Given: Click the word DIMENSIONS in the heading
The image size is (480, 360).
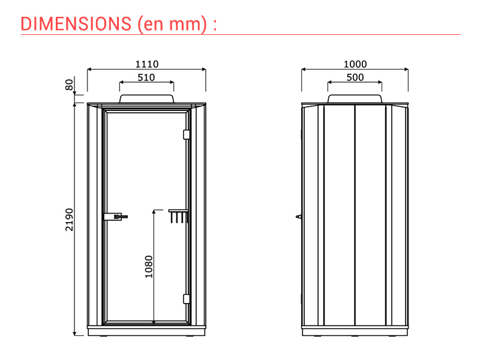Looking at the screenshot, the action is (76, 24).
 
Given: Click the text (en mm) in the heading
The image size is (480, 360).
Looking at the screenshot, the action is (172, 25).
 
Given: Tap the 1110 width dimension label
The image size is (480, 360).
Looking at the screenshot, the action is (147, 64).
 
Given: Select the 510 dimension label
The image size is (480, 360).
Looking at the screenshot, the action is (146, 77).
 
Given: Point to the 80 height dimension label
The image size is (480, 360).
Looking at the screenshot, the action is (70, 85).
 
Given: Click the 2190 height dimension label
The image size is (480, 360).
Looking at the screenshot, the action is (70, 220).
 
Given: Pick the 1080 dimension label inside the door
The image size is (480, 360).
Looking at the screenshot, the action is (148, 266).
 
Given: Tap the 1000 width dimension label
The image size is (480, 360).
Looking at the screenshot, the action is (355, 64).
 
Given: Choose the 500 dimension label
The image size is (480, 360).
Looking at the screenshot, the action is (355, 77).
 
